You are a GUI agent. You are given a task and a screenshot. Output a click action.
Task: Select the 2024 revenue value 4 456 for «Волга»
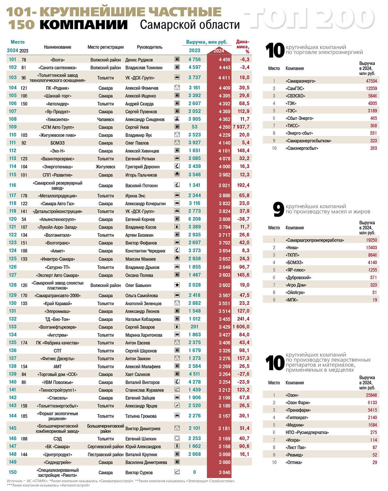(x=224, y=60)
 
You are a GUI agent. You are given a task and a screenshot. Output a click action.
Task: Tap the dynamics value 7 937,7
(x=241, y=127)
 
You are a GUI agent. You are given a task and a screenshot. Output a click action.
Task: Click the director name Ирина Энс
(x=135, y=196)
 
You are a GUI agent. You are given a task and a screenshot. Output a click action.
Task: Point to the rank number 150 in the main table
(x=13, y=472)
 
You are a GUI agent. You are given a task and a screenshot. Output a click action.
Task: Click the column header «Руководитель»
(x=149, y=47)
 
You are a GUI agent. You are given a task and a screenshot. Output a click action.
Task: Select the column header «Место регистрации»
(x=105, y=47)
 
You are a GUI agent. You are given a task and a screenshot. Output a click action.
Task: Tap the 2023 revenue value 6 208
(x=195, y=219)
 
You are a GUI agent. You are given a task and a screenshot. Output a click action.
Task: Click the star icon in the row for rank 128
(x=177, y=285)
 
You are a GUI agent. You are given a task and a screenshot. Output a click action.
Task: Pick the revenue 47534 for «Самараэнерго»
(x=371, y=81)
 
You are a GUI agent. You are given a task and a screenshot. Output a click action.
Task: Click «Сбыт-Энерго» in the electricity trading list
(x=299, y=118)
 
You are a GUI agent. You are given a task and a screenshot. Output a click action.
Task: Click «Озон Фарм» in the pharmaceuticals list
(x=298, y=403)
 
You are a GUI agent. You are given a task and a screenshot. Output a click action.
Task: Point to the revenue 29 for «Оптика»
(x=374, y=463)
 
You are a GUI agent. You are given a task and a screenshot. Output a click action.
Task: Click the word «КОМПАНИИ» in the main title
(x=84, y=25)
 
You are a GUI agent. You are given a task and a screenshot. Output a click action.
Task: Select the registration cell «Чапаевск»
(x=105, y=119)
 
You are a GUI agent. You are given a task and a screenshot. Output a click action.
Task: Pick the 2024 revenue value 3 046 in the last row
(x=224, y=473)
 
